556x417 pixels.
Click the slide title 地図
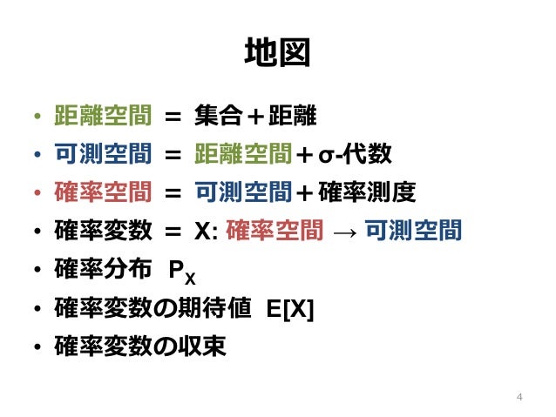pyautogui.click(x=277, y=53)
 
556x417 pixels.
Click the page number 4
pyautogui.click(x=519, y=398)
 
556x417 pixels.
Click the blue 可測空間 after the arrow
pyautogui.click(x=411, y=231)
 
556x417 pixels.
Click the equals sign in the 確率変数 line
pyautogui.click(x=172, y=232)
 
